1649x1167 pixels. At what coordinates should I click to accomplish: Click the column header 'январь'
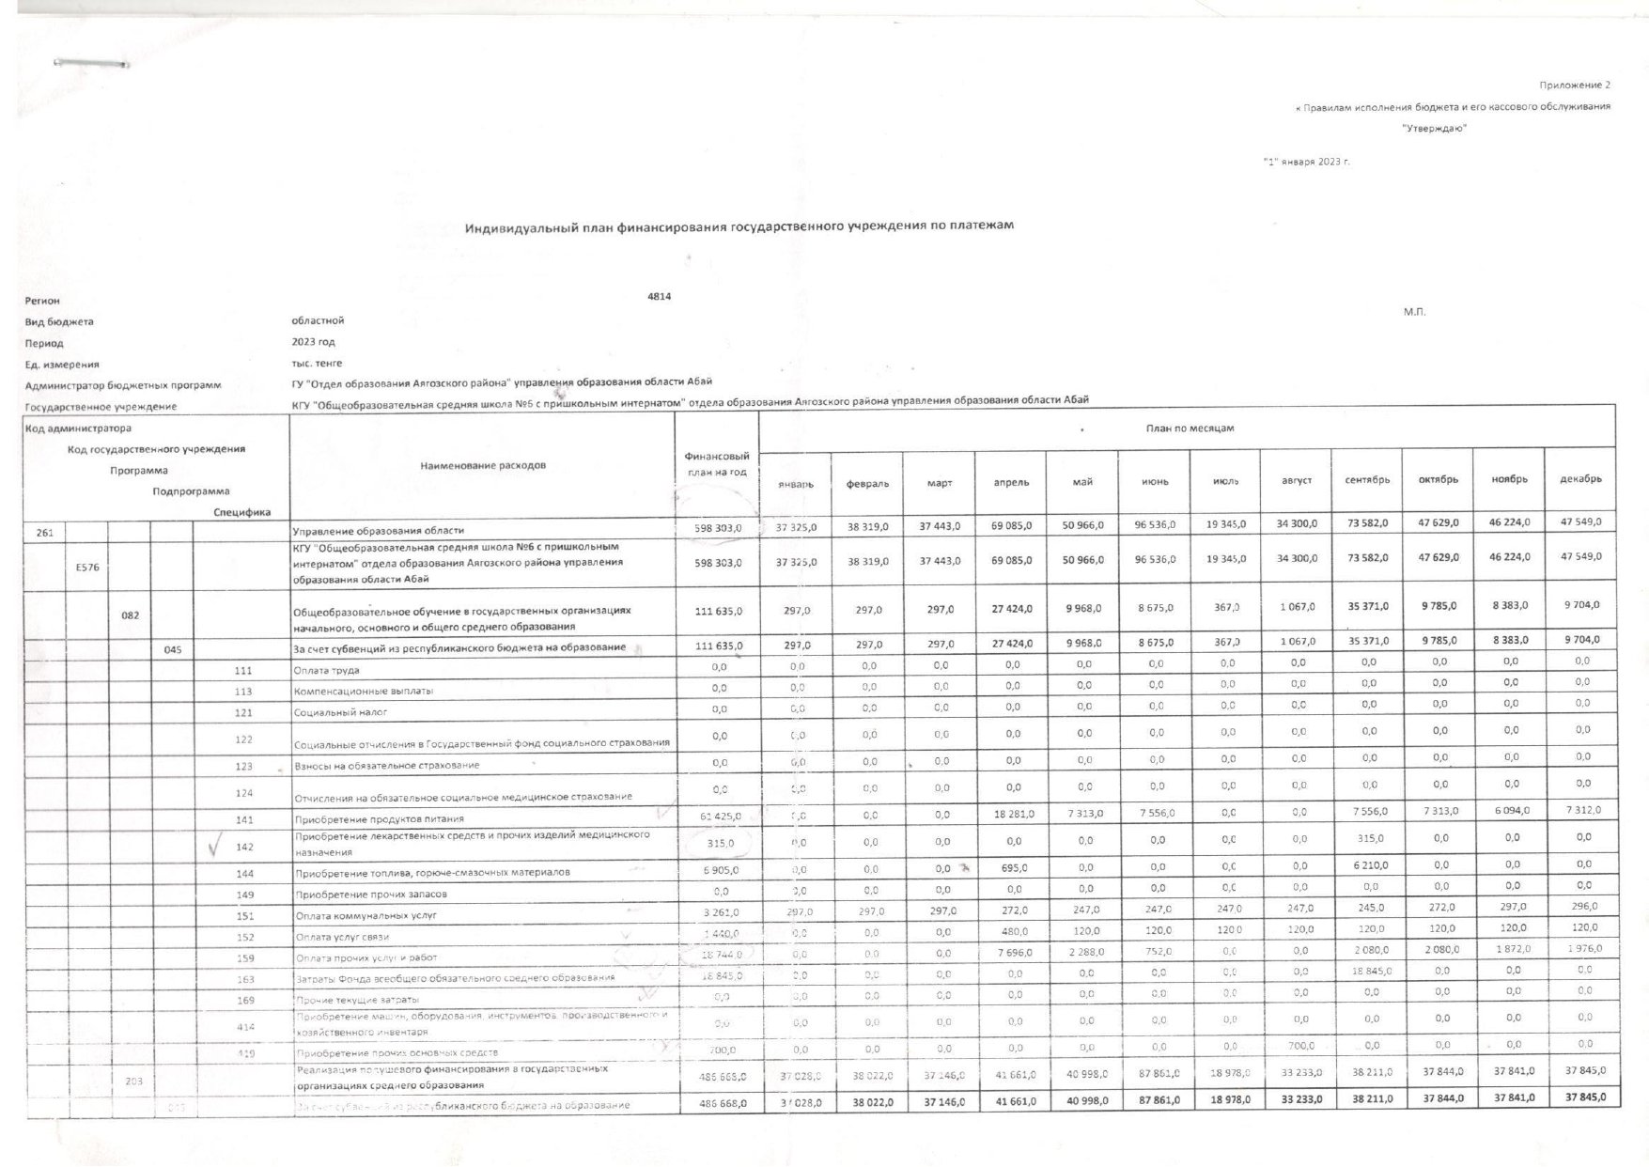[795, 483]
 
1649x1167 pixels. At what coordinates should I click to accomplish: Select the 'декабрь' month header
[1580, 479]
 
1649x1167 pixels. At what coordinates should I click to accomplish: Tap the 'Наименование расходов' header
[483, 465]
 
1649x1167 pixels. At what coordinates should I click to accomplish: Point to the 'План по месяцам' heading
[1190, 428]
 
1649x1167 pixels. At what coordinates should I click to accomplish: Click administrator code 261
[45, 532]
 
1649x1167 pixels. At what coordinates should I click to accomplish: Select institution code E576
[87, 567]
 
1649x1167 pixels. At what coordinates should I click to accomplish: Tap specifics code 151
[244, 915]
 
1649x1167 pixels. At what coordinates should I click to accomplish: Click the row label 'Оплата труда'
[327, 671]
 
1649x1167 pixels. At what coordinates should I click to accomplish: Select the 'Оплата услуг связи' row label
[342, 937]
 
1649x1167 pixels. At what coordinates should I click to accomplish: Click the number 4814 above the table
[660, 296]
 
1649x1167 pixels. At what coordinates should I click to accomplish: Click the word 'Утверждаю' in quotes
[1434, 129]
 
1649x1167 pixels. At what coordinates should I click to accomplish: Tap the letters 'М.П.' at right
[1414, 312]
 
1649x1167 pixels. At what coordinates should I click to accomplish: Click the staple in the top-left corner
[91, 63]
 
